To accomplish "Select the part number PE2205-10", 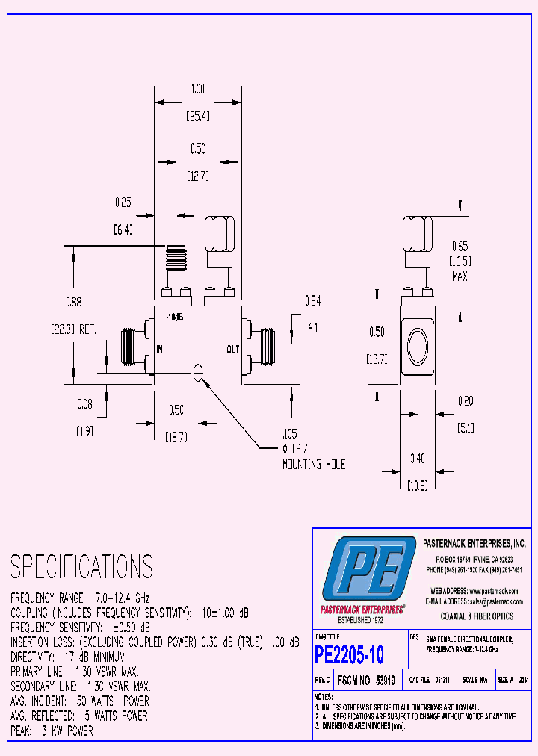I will [x=350, y=655].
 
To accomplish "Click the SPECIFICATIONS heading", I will [x=81, y=567].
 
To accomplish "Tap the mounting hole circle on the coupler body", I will [x=198, y=371].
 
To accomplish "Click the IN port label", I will [x=161, y=349].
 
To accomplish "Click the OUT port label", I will [x=232, y=349].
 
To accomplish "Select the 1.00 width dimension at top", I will [x=197, y=89].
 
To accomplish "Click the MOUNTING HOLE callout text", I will [x=313, y=464].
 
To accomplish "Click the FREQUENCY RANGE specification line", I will [x=81, y=598].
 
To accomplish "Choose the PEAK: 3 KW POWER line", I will [x=52, y=731].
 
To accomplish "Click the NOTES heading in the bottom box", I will [x=326, y=696].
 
